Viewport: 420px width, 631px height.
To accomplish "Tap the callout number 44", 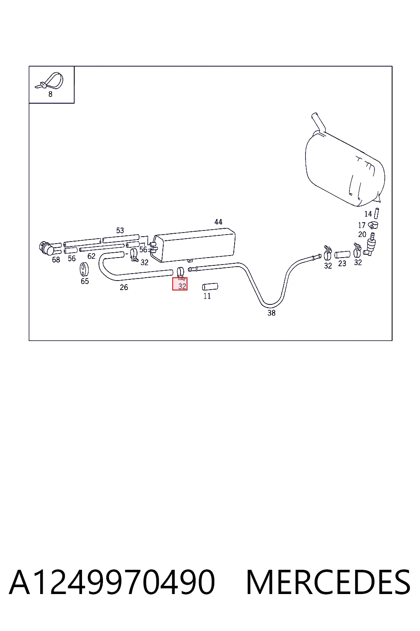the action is [218, 222].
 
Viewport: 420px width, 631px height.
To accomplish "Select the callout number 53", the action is [120, 230].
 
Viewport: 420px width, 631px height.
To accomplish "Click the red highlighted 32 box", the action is [180, 284].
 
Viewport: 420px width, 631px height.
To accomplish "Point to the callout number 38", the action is [272, 313].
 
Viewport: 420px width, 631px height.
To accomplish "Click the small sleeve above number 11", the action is [210, 287].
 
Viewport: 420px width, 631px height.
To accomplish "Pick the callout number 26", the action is [124, 287].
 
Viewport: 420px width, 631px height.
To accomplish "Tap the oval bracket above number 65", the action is [84, 269].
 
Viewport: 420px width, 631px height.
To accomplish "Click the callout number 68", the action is [56, 260].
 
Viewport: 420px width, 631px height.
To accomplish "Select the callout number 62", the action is [91, 256].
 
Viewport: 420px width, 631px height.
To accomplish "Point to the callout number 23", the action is [342, 263].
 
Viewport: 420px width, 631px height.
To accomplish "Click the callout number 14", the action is [368, 214].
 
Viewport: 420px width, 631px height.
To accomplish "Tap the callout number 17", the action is [361, 226].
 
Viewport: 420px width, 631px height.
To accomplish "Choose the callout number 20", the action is [362, 235].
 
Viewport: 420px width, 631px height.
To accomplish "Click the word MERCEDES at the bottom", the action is [328, 582].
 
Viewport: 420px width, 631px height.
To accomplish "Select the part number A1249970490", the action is [112, 582].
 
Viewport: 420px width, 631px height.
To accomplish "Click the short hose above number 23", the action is [342, 255].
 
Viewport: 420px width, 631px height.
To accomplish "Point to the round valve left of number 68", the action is [46, 248].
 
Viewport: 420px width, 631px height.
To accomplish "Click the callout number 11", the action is [207, 296].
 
